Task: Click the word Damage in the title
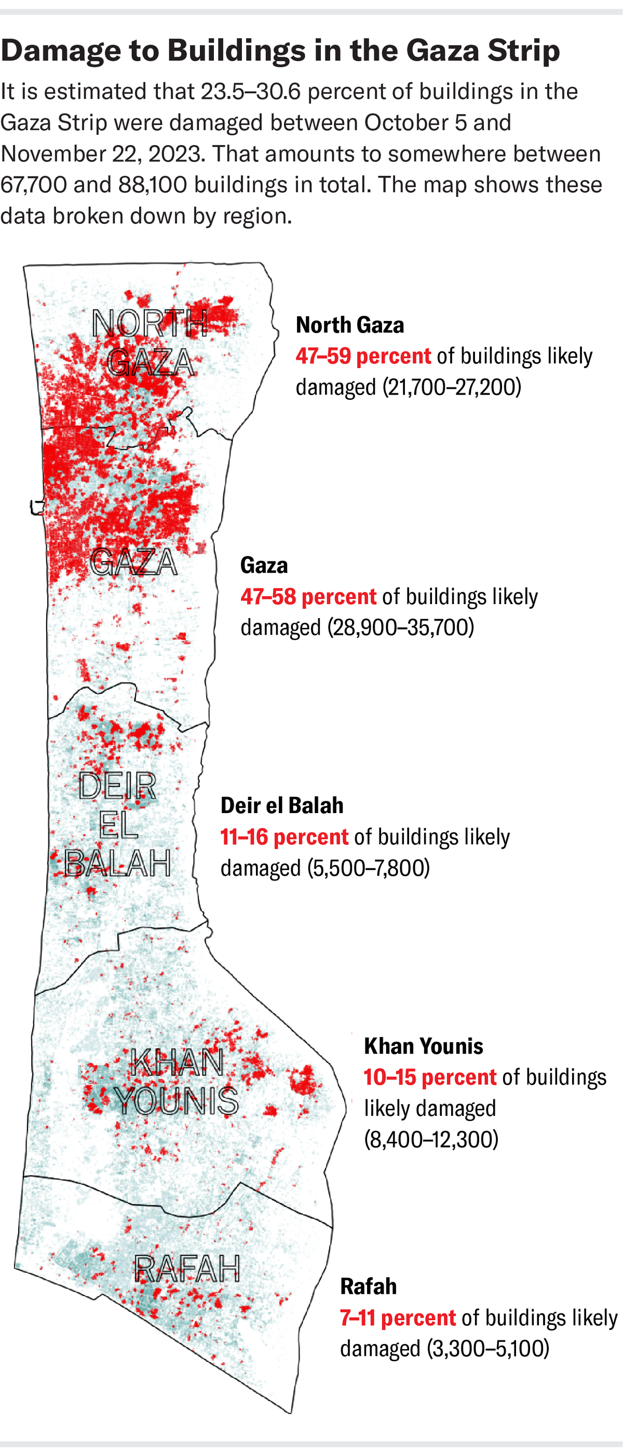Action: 61,51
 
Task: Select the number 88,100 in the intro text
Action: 153,185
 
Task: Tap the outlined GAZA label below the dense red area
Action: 133,562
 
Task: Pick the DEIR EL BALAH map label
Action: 117,824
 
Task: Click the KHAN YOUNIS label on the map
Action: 177,1082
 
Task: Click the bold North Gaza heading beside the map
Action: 350,325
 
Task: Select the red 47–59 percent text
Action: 363,356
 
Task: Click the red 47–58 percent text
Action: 308,597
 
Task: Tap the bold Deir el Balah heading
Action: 281,805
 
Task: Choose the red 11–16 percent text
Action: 284,837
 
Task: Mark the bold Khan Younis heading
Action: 424,1046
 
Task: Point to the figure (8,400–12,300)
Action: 431,1139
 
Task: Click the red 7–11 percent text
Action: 398,1318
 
